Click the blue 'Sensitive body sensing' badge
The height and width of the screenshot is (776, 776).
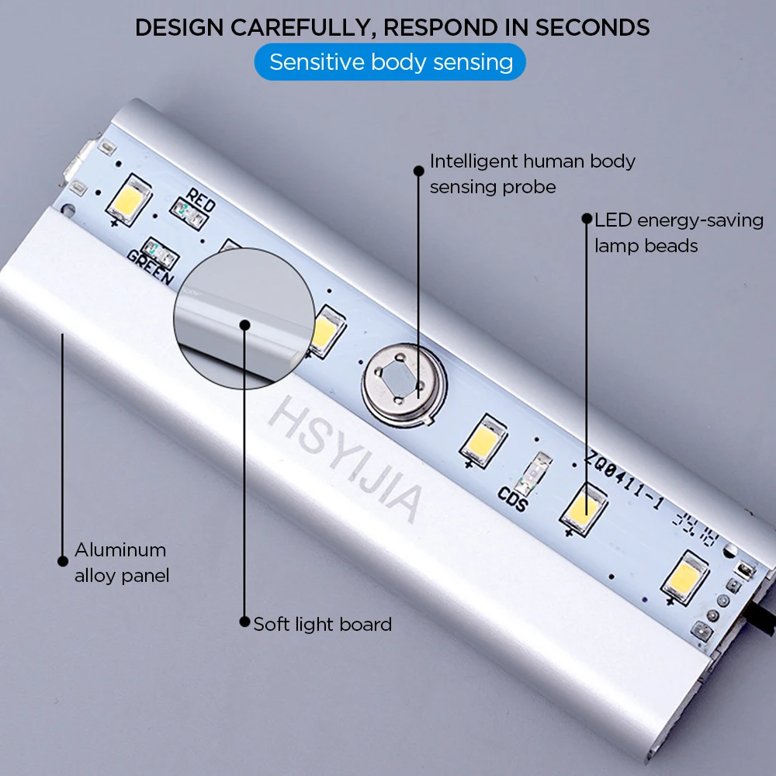390,62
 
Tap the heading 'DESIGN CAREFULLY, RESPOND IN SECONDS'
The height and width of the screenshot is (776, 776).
392,27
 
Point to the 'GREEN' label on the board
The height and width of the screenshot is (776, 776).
151,265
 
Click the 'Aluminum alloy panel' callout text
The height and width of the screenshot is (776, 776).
121,563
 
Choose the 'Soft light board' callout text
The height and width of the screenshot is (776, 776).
322,624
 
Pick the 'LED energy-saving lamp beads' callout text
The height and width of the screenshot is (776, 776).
679,233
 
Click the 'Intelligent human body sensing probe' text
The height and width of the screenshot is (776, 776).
532,174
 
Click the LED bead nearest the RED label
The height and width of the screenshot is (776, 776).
127,200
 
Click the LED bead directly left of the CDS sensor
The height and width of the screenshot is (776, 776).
483,440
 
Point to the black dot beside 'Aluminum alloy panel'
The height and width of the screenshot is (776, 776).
63,560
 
